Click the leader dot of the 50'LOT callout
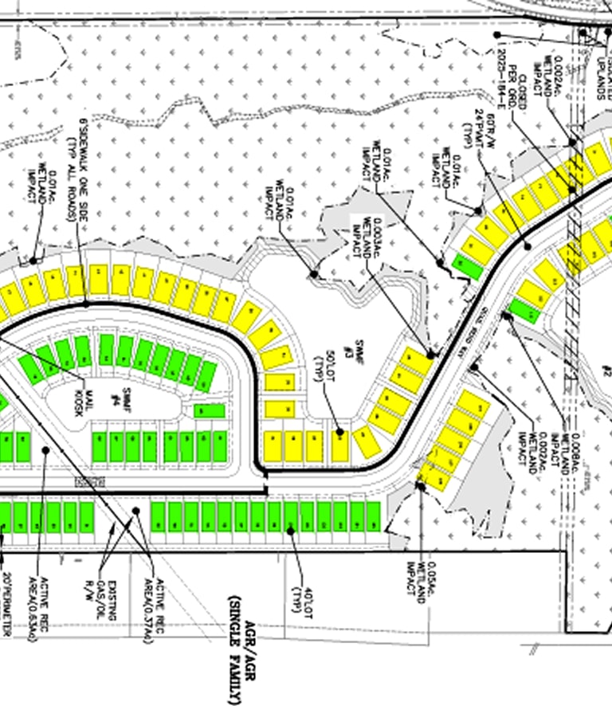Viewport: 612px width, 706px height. pos(339,433)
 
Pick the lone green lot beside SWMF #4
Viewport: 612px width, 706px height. pos(210,411)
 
